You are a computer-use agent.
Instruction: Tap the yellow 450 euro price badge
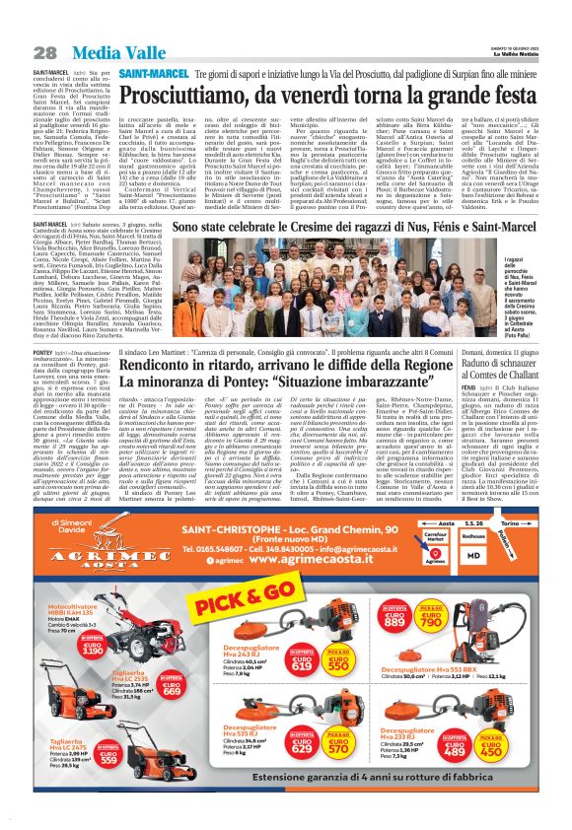pyautogui.click(x=512, y=748)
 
